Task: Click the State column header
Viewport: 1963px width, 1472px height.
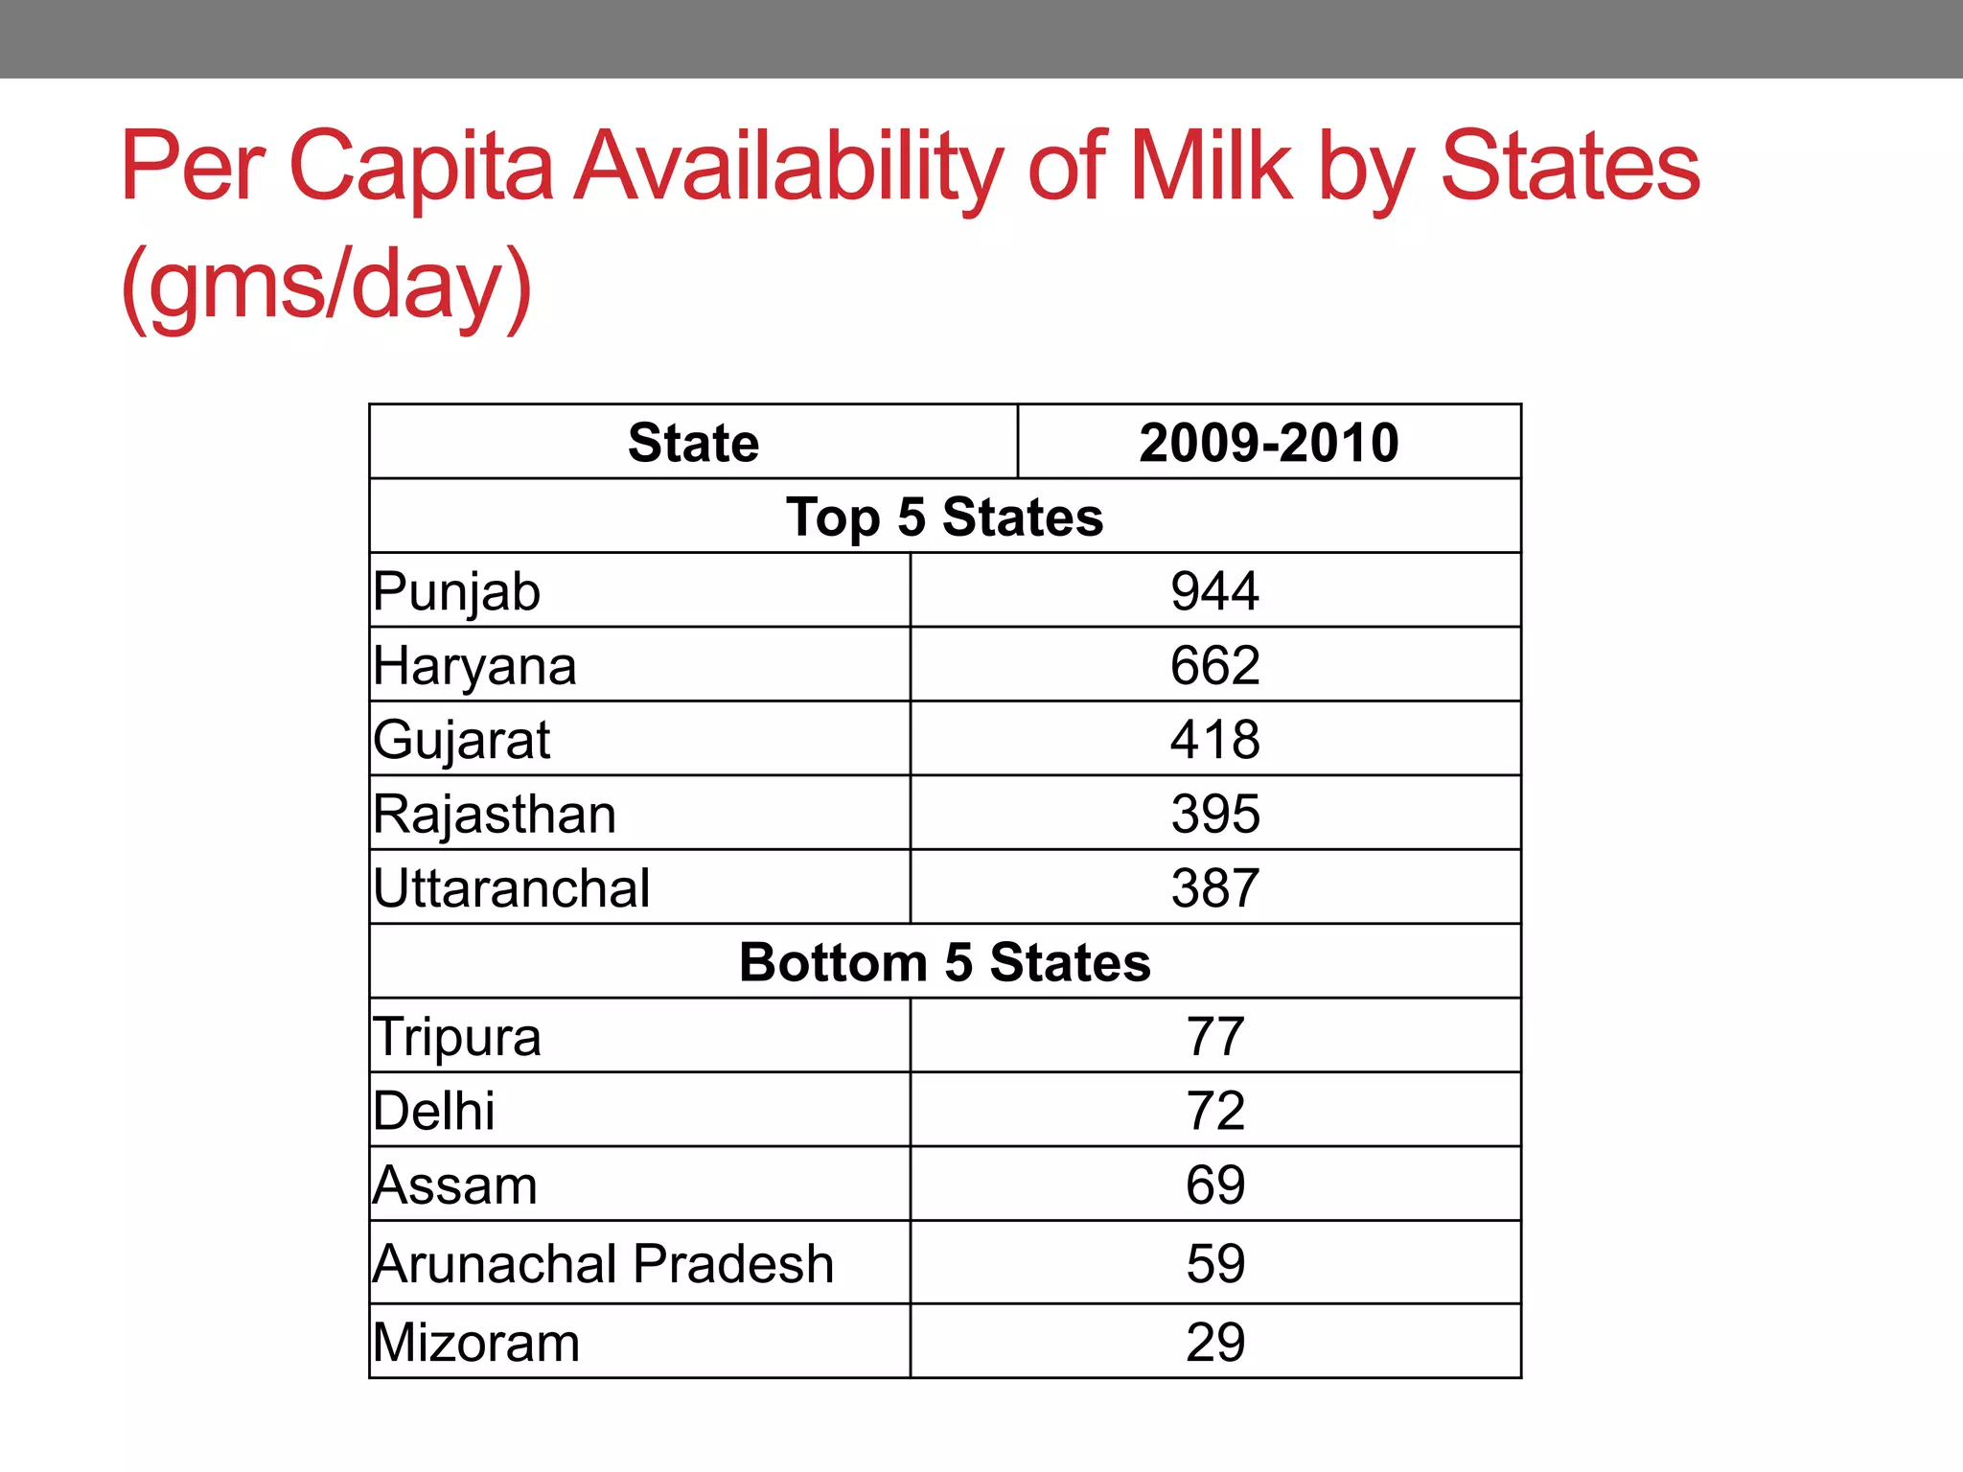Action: pos(693,443)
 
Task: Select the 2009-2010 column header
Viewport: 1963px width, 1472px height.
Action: pos(1268,443)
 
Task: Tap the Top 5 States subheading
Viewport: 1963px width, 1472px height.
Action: pos(944,517)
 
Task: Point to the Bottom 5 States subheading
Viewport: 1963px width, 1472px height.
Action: pos(944,962)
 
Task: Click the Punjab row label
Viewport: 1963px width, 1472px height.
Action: pos(457,591)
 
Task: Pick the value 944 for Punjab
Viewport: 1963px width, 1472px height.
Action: pos(1214,591)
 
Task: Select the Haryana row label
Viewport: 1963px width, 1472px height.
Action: pos(475,666)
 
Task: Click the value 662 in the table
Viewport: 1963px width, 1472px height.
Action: pos(1214,665)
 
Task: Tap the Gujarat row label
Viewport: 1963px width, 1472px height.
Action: pos(462,740)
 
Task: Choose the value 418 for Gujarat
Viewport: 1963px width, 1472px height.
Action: pos(1214,740)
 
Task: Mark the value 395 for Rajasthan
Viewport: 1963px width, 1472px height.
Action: pos(1214,814)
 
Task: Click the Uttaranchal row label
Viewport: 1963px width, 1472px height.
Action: pos(512,888)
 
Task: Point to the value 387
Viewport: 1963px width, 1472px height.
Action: pos(1214,888)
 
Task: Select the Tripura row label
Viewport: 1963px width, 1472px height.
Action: pos(457,1037)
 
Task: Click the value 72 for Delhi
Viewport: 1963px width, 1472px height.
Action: pos(1214,1111)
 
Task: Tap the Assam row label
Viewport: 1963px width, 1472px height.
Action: pos(455,1185)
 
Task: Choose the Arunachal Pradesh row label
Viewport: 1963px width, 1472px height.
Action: pos(604,1263)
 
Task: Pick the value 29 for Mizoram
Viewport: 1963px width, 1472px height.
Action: pos(1214,1342)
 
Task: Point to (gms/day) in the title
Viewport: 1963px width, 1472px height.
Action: pos(326,286)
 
